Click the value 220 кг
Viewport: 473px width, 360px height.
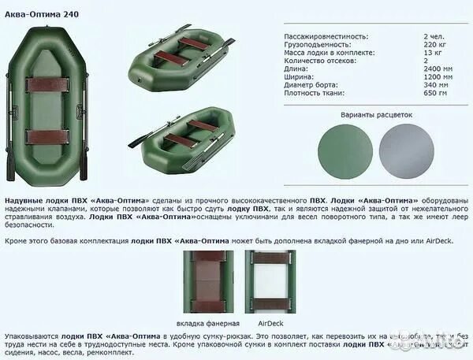point(435,45)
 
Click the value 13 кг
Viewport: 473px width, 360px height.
point(432,53)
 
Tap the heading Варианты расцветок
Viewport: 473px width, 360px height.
point(377,114)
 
